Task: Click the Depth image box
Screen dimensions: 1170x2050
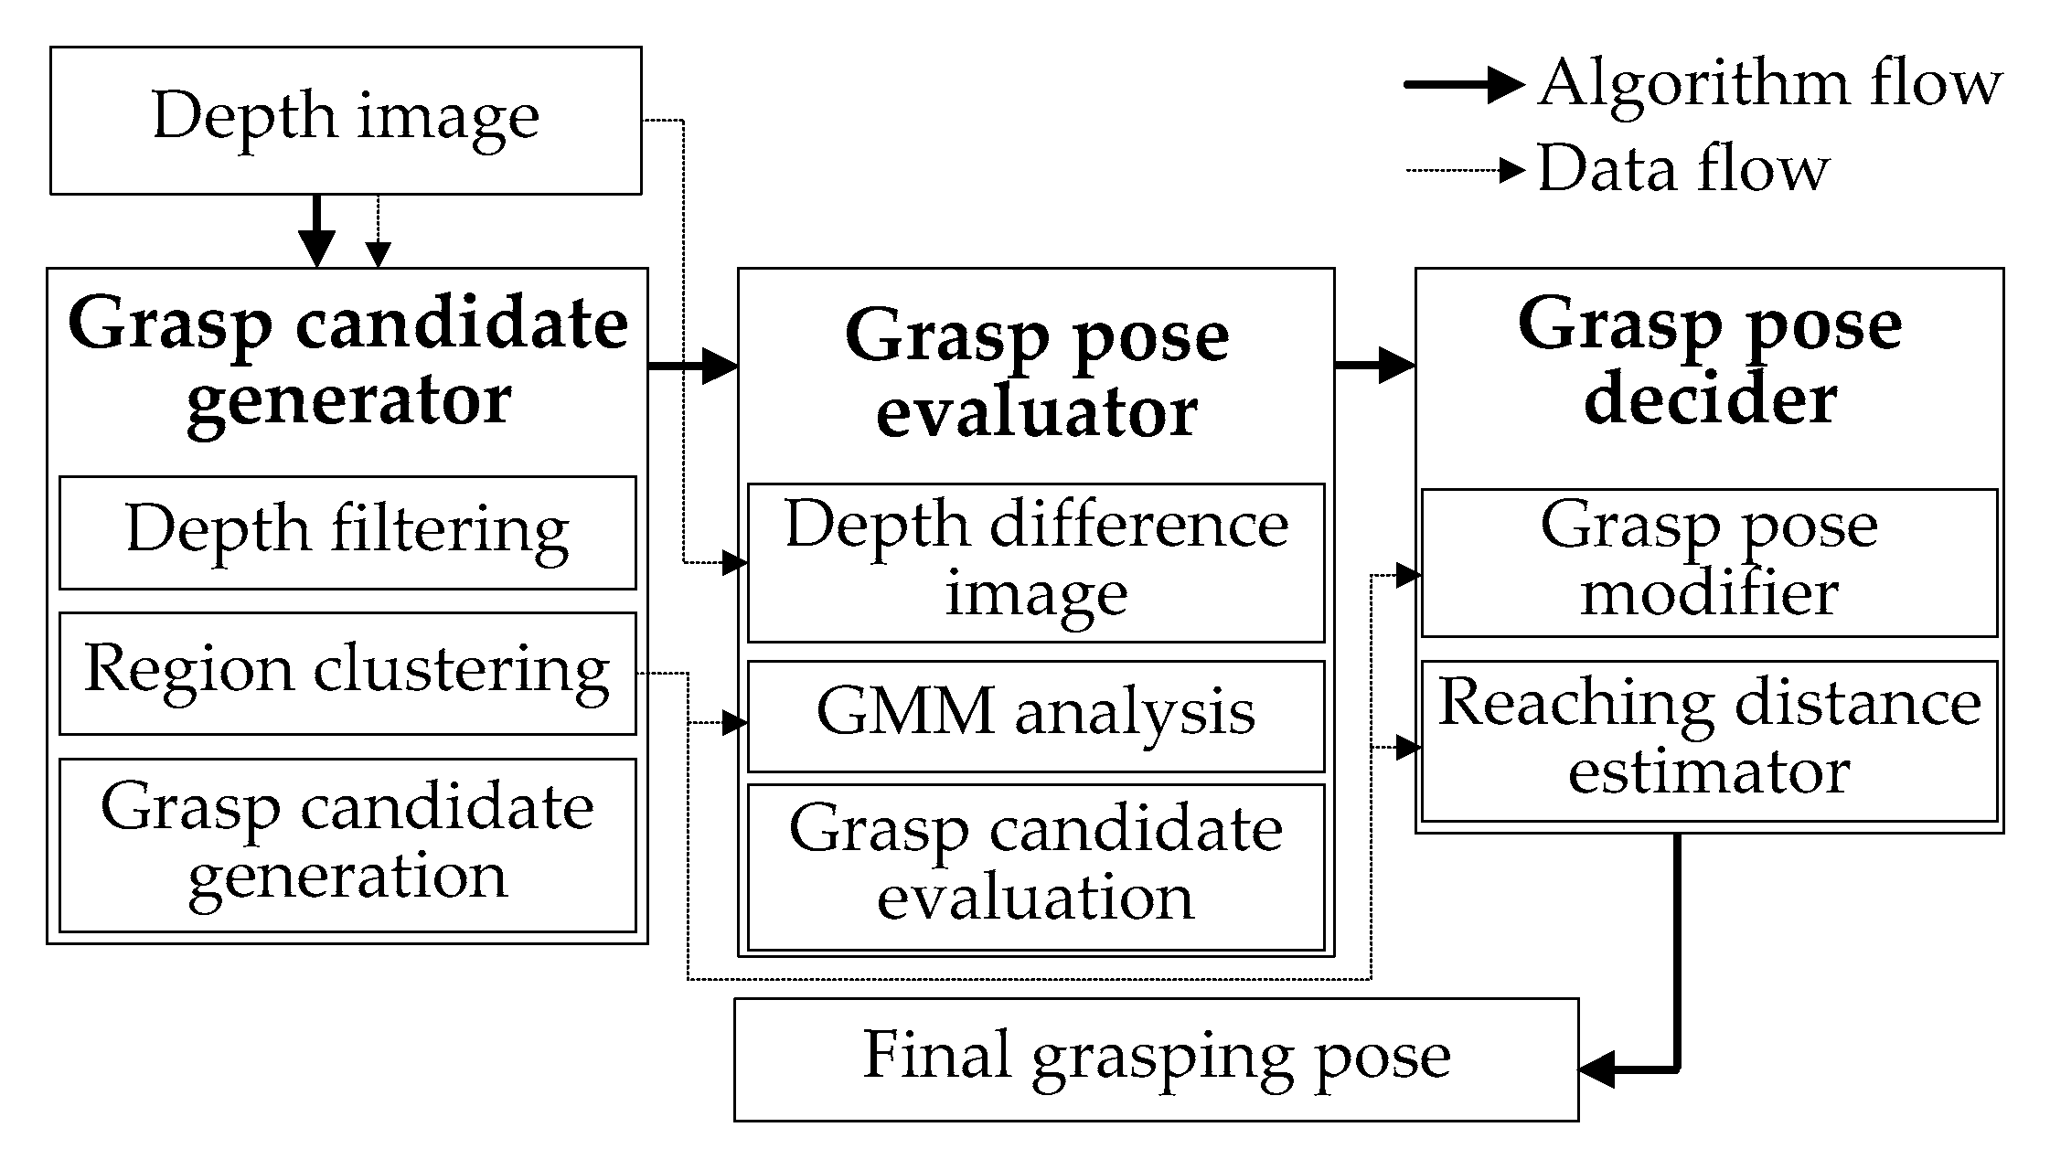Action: pos(346,120)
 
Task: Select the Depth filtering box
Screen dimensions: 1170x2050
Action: pos(347,532)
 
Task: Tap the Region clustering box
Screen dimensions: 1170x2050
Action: pos(347,673)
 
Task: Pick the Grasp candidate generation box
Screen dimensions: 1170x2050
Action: pos(347,845)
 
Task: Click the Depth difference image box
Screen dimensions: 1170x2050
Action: pos(1036,562)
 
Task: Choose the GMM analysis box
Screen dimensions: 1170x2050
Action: pos(1036,716)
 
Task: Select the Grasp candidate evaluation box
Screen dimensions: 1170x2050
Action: pos(1036,867)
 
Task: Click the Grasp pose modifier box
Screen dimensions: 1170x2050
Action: pos(1709,562)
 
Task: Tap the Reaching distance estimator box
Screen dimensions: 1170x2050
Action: pos(1709,740)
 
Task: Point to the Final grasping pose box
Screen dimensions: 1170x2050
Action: pos(1157,1059)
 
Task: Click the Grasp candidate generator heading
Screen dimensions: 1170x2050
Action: pos(347,363)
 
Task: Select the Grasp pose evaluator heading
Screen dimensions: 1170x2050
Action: pos(1036,375)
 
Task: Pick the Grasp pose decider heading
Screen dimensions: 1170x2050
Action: pos(1709,363)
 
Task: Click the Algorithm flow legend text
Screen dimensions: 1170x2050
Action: pos(1769,84)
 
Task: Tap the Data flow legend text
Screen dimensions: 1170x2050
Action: pos(1682,169)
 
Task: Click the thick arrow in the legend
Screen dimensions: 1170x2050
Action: pos(1463,85)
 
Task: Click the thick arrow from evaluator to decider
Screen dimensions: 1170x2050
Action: pos(1374,366)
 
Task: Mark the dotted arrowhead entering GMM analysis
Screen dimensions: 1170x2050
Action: pos(734,723)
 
